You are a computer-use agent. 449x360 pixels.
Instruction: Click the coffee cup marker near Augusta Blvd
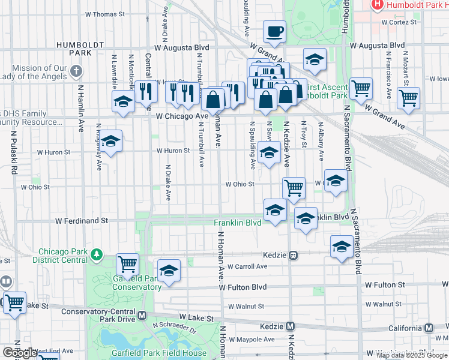[x=274, y=31]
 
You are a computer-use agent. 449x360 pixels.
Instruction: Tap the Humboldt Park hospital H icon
[x=378, y=5]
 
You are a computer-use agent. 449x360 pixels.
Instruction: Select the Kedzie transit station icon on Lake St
[x=291, y=326]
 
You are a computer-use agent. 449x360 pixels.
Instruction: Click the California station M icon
[x=429, y=328]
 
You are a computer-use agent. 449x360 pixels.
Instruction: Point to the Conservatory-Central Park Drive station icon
[x=142, y=315]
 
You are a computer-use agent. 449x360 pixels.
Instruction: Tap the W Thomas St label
[x=104, y=13]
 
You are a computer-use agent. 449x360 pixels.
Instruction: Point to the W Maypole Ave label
[x=252, y=340]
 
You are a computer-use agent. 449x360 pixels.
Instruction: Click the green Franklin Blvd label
[x=238, y=223]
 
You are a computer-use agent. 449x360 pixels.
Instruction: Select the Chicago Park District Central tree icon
[x=97, y=256]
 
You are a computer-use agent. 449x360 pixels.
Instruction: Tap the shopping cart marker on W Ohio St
[x=294, y=188]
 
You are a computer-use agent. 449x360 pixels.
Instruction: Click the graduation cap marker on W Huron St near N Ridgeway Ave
[x=110, y=142]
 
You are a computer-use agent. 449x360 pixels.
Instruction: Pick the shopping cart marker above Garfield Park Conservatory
[x=127, y=263]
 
